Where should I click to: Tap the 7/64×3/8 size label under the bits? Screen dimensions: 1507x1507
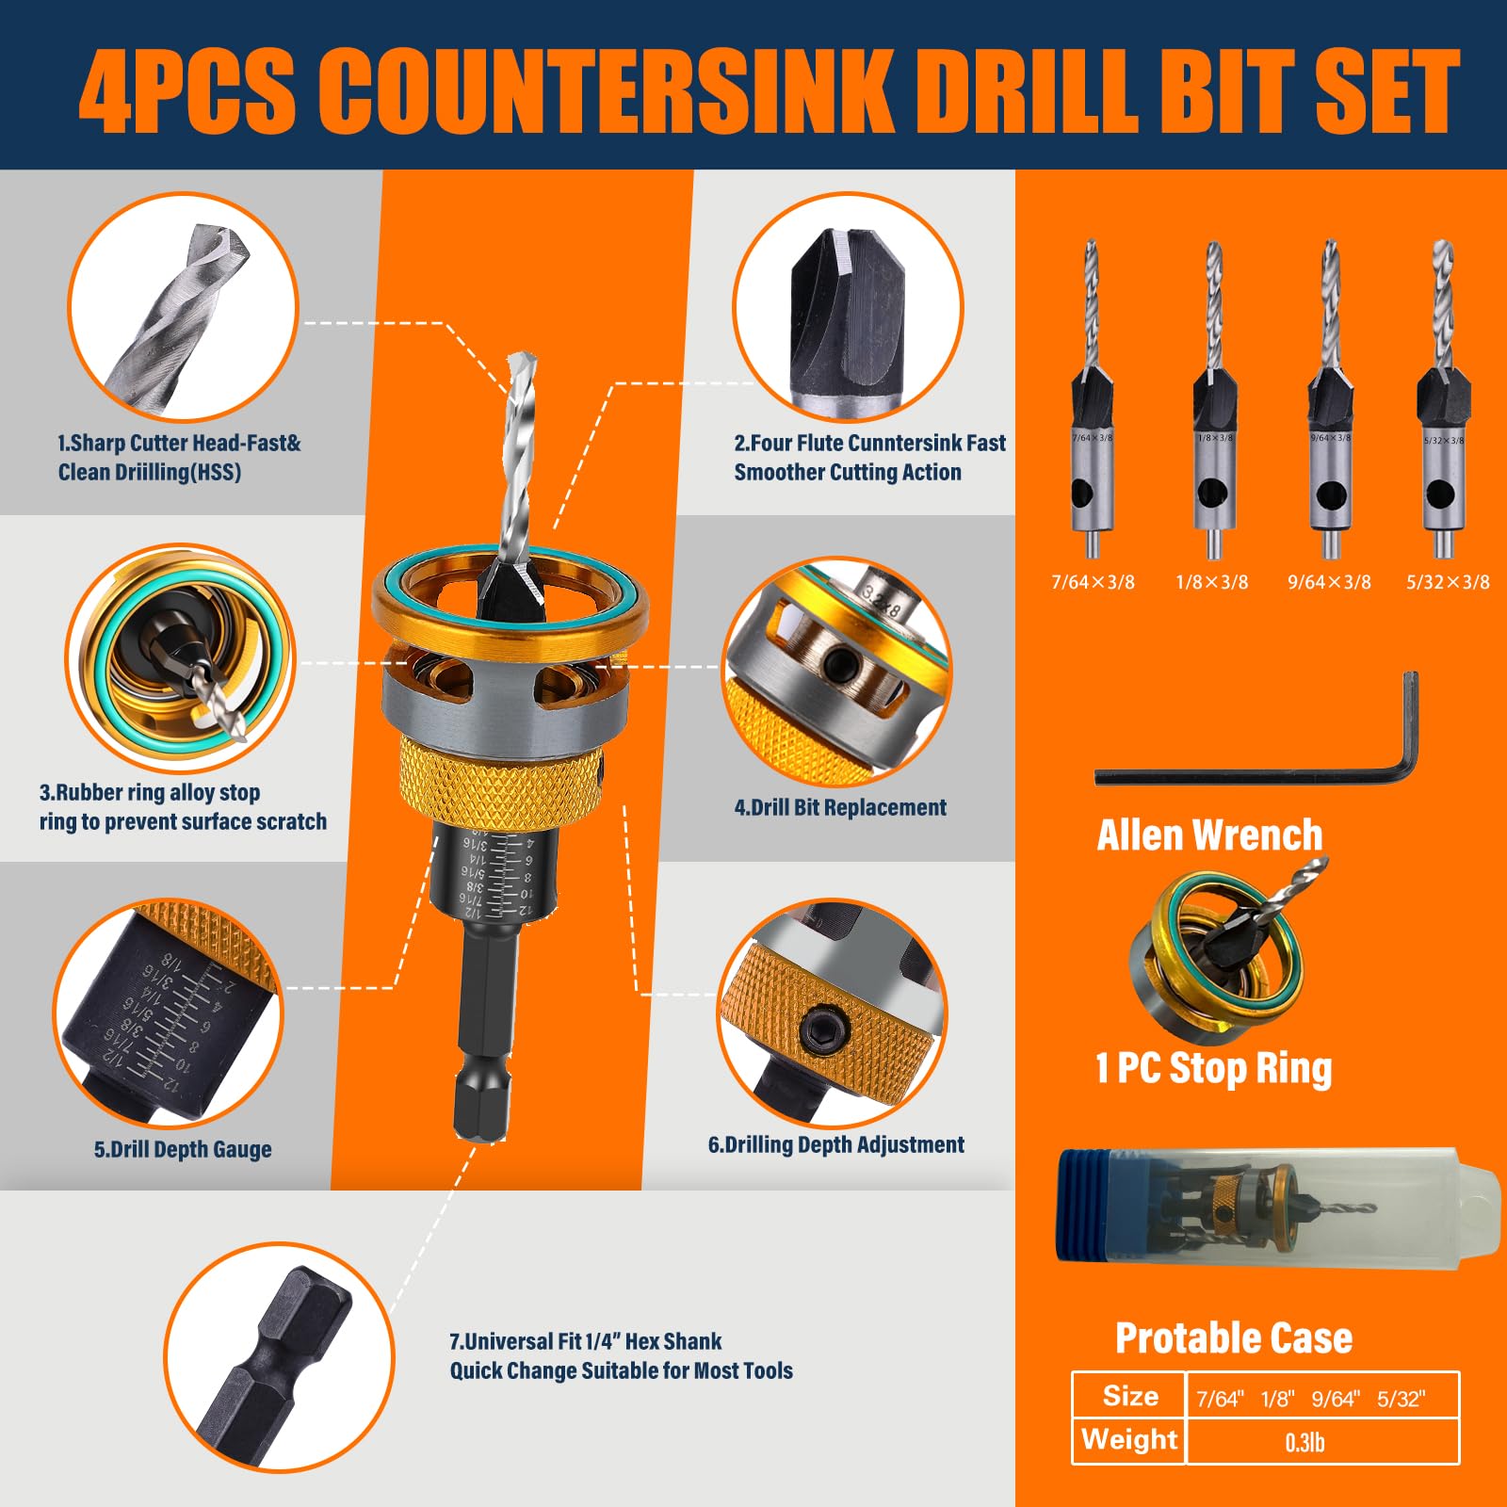[1093, 582]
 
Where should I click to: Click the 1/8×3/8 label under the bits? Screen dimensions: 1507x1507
[1211, 582]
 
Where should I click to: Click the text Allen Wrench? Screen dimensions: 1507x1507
[1209, 835]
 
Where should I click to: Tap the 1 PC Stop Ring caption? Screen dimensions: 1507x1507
[1213, 1068]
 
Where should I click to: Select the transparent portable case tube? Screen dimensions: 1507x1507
[1272, 1206]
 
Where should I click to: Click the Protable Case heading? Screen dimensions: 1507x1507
[1233, 1337]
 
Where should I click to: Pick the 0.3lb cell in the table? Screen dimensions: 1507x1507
[1304, 1442]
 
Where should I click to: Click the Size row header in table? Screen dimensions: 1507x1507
[1130, 1396]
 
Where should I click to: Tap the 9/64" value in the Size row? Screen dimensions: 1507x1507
[1335, 1399]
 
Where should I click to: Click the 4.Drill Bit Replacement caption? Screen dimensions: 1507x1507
[840, 807]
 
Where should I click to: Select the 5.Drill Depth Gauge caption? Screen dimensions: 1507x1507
[183, 1149]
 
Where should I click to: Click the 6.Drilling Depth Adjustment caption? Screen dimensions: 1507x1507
[836, 1144]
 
